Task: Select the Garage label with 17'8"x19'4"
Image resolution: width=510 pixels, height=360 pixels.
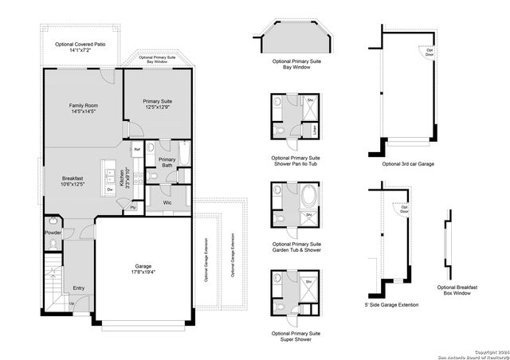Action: click(x=143, y=269)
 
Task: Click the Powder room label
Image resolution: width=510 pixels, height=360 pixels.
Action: click(x=53, y=233)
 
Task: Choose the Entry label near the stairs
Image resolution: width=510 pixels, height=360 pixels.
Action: click(x=78, y=288)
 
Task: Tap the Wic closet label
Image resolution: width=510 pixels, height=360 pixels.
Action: click(x=167, y=202)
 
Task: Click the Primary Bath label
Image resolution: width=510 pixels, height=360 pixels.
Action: click(x=167, y=162)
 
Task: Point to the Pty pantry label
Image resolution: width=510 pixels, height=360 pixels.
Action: click(x=133, y=207)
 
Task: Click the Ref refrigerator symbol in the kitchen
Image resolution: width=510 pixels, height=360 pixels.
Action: click(x=137, y=150)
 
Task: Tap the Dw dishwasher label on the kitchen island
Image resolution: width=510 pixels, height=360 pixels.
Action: click(x=109, y=190)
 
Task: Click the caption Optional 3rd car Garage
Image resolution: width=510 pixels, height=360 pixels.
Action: click(x=408, y=163)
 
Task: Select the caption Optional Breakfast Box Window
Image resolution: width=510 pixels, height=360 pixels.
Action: click(x=457, y=290)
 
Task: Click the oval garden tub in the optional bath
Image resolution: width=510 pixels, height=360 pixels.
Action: click(x=308, y=194)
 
